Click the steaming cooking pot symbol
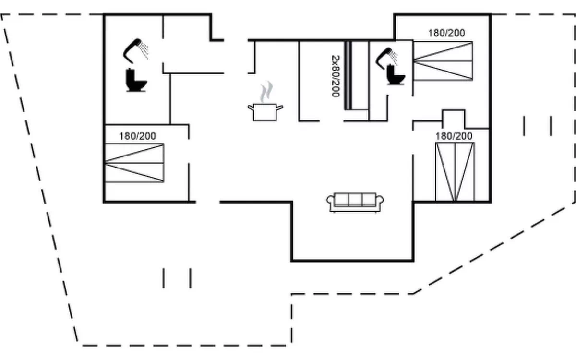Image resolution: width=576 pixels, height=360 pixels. tap(265, 111)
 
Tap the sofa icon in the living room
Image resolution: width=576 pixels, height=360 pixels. tap(355, 202)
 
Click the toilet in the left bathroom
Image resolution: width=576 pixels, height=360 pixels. tap(136, 80)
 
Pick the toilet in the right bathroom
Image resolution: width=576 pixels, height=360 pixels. tap(396, 75)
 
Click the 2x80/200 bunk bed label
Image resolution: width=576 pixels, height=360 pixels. tap(336, 76)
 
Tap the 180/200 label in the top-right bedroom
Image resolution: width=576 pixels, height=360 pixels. tap(446, 33)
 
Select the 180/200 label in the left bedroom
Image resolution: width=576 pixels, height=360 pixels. tap(137, 136)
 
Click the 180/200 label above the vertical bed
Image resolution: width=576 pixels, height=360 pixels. tap(454, 136)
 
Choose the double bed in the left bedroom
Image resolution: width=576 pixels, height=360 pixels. tap(134, 163)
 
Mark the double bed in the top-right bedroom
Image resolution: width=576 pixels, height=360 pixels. tap(443, 60)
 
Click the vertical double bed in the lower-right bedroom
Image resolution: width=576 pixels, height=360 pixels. tap(455, 171)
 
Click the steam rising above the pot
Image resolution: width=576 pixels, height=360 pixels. tap(265, 92)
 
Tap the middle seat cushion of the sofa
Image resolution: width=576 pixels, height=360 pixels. tap(355, 199)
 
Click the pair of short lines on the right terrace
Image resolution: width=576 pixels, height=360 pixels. tap(537, 126)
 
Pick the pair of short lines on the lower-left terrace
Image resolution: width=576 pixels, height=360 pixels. tap(177, 278)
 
